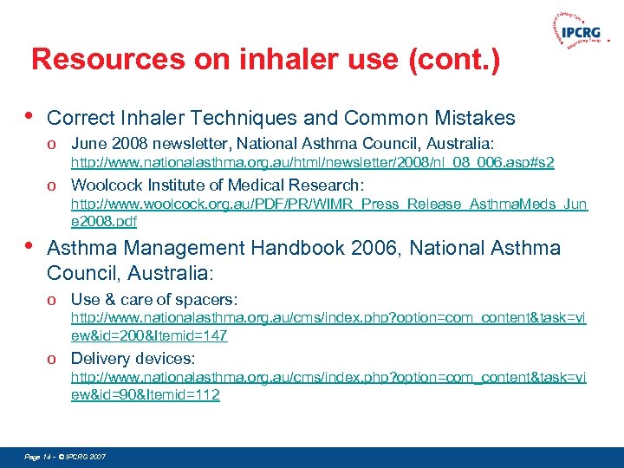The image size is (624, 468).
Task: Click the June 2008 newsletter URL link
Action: [x=312, y=162]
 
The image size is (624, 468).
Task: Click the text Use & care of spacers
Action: [x=154, y=299]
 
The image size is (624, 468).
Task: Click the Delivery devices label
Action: [x=133, y=358]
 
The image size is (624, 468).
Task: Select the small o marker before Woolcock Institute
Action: [x=53, y=185]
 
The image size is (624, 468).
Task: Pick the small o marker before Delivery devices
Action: [x=53, y=359]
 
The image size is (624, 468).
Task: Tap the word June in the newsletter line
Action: [x=87, y=143]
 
